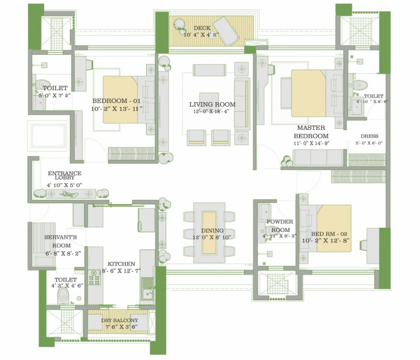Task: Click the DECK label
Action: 202,28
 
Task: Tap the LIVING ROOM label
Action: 212,104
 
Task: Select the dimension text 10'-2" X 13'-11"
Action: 117,109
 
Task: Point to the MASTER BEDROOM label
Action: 311,132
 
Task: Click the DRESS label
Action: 370,136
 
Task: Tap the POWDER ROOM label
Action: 280,226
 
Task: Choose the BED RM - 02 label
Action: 329,234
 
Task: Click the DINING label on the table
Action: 212,230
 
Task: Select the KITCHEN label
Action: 121,263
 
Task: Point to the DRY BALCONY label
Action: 119,320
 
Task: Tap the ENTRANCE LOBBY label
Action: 64,175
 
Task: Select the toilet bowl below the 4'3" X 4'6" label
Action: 63,296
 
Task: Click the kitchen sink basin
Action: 147,293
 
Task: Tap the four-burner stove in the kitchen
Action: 94,277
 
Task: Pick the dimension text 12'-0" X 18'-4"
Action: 212,111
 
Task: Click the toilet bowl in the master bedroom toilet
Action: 360,85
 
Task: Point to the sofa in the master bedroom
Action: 318,158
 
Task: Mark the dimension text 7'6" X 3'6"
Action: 121,327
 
